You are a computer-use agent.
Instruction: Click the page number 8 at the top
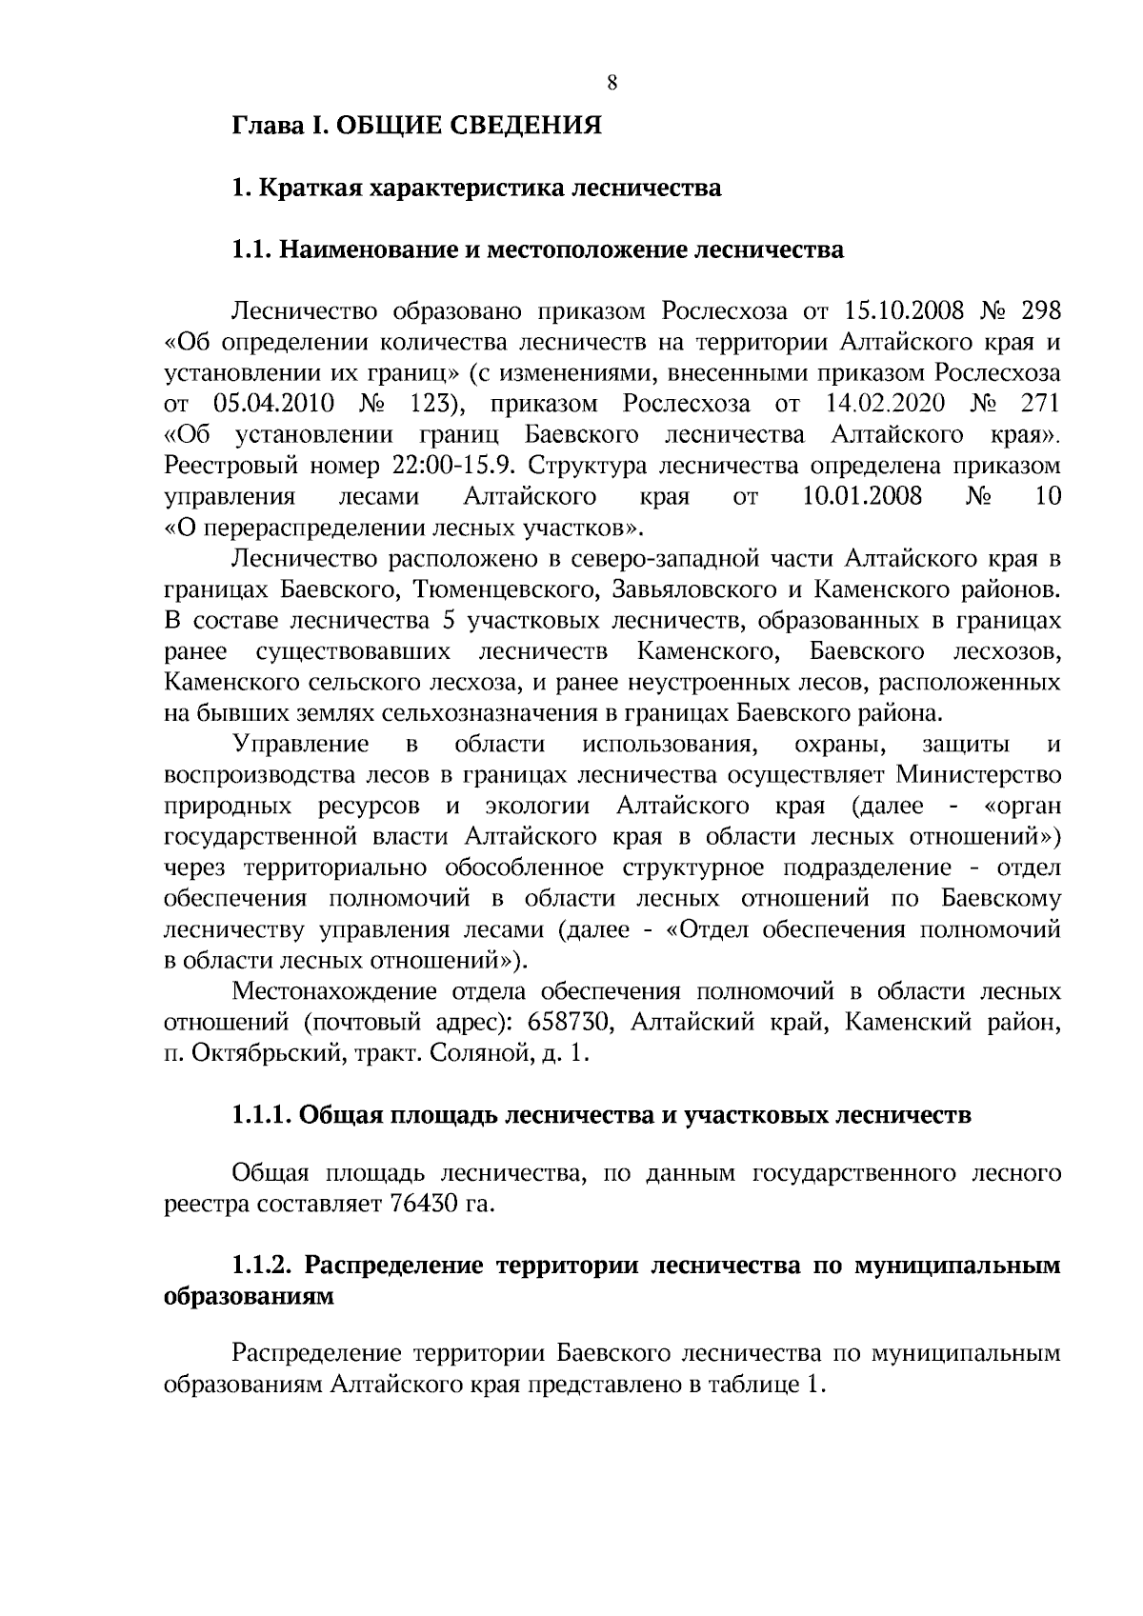[x=612, y=84]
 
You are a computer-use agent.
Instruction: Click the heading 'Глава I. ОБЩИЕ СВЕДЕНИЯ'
[x=417, y=126]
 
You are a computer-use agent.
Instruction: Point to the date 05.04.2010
[x=273, y=404]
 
